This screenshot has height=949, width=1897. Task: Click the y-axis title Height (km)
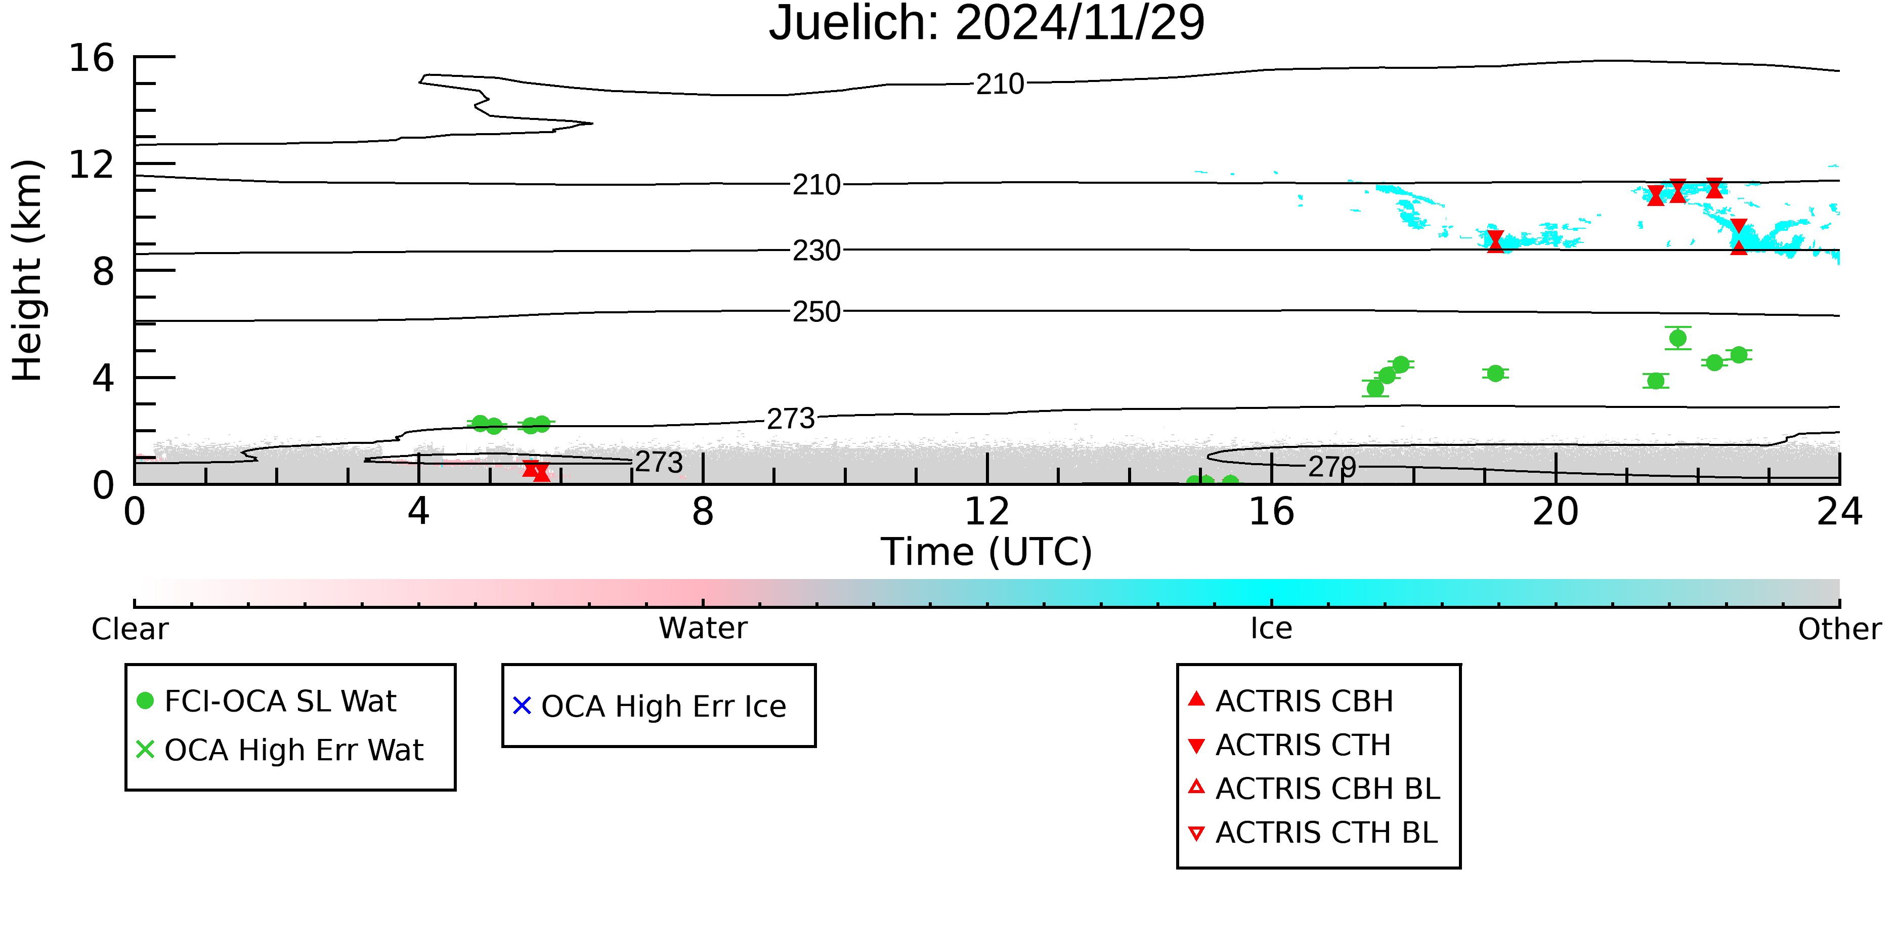pos(27,270)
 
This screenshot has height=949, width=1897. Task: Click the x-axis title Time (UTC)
pos(987,551)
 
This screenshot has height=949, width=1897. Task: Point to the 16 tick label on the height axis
pos(92,58)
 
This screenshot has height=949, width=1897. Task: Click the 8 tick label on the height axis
pos(104,271)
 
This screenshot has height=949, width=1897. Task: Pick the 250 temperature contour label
pos(816,312)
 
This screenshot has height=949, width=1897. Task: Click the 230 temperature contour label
pos(816,251)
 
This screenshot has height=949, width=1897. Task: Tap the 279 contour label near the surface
pos(1332,466)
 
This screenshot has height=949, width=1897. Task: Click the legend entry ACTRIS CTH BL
pos(1313,833)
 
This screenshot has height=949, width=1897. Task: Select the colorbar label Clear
pos(130,629)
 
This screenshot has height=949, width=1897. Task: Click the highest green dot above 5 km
pos(1677,338)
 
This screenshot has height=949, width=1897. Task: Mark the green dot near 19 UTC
pos(1495,374)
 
